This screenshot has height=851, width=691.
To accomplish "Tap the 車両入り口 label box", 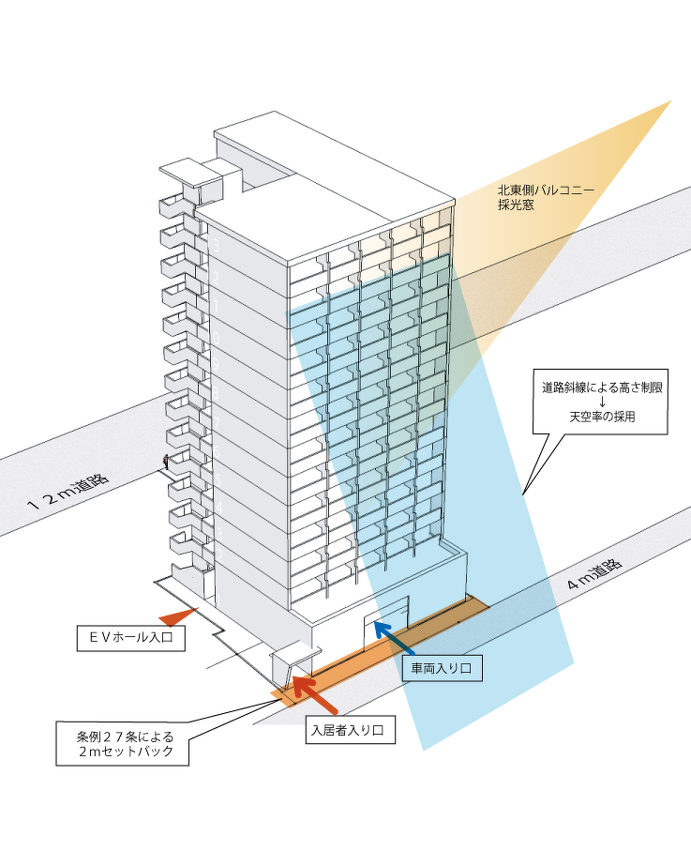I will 442,668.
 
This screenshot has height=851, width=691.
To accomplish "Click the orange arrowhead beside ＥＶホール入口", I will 176,616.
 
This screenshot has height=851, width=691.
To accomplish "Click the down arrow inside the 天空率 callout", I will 602,402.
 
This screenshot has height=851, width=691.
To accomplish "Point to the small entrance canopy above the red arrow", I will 291,654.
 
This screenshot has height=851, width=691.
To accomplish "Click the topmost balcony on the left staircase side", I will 174,205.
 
